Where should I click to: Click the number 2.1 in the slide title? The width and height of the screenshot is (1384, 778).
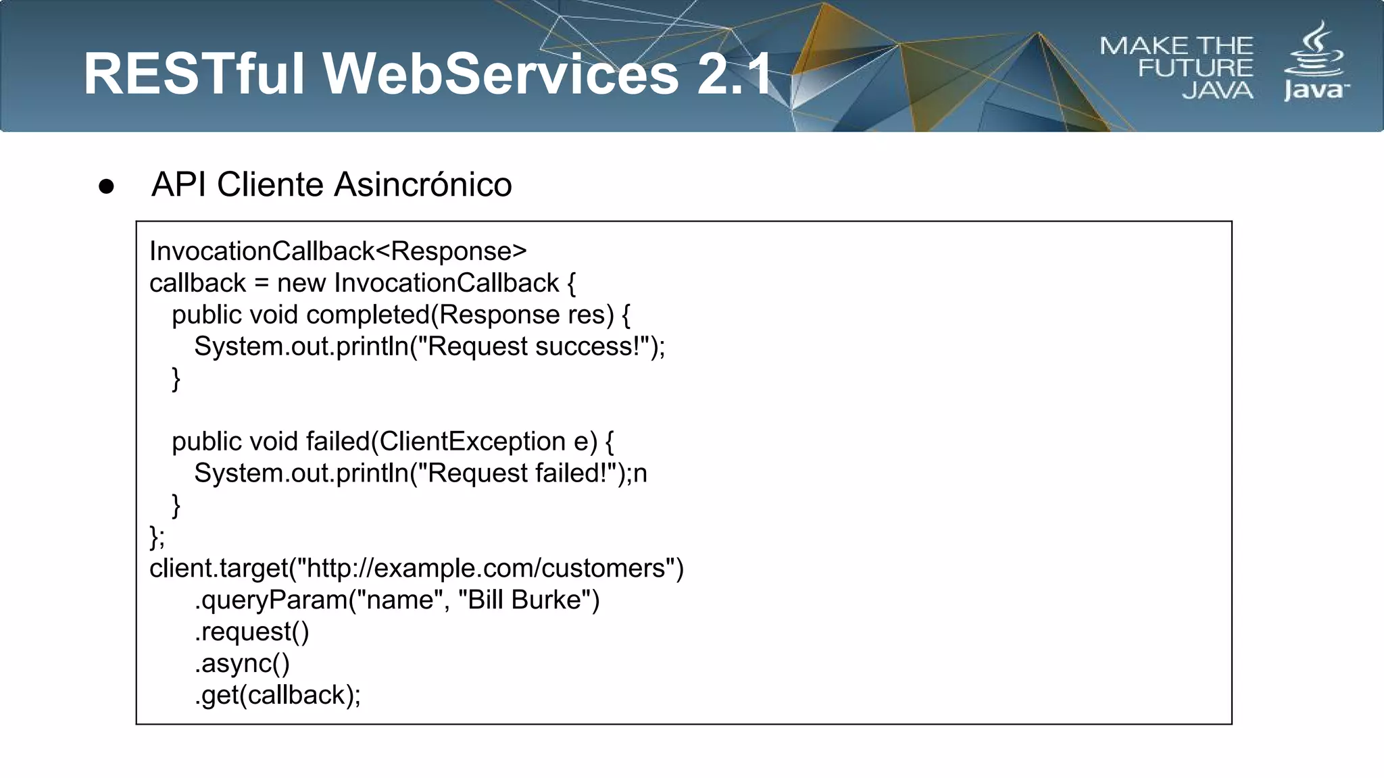(735, 74)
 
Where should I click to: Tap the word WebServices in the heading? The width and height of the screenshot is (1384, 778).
(501, 74)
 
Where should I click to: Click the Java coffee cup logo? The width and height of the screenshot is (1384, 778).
(1314, 51)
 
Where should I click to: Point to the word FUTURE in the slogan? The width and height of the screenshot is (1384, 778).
(1195, 68)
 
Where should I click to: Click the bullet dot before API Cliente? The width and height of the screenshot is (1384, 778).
(106, 186)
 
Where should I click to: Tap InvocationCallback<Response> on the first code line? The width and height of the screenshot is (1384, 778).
(338, 251)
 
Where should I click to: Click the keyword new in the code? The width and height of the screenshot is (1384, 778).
(301, 283)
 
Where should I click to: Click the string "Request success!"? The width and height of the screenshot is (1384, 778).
(534, 346)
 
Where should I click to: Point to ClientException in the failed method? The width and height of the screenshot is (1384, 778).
(472, 442)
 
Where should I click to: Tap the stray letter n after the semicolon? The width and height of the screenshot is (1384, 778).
(640, 473)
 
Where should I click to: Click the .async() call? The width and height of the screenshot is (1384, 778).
(242, 664)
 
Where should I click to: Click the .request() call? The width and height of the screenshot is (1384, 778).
(251, 632)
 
